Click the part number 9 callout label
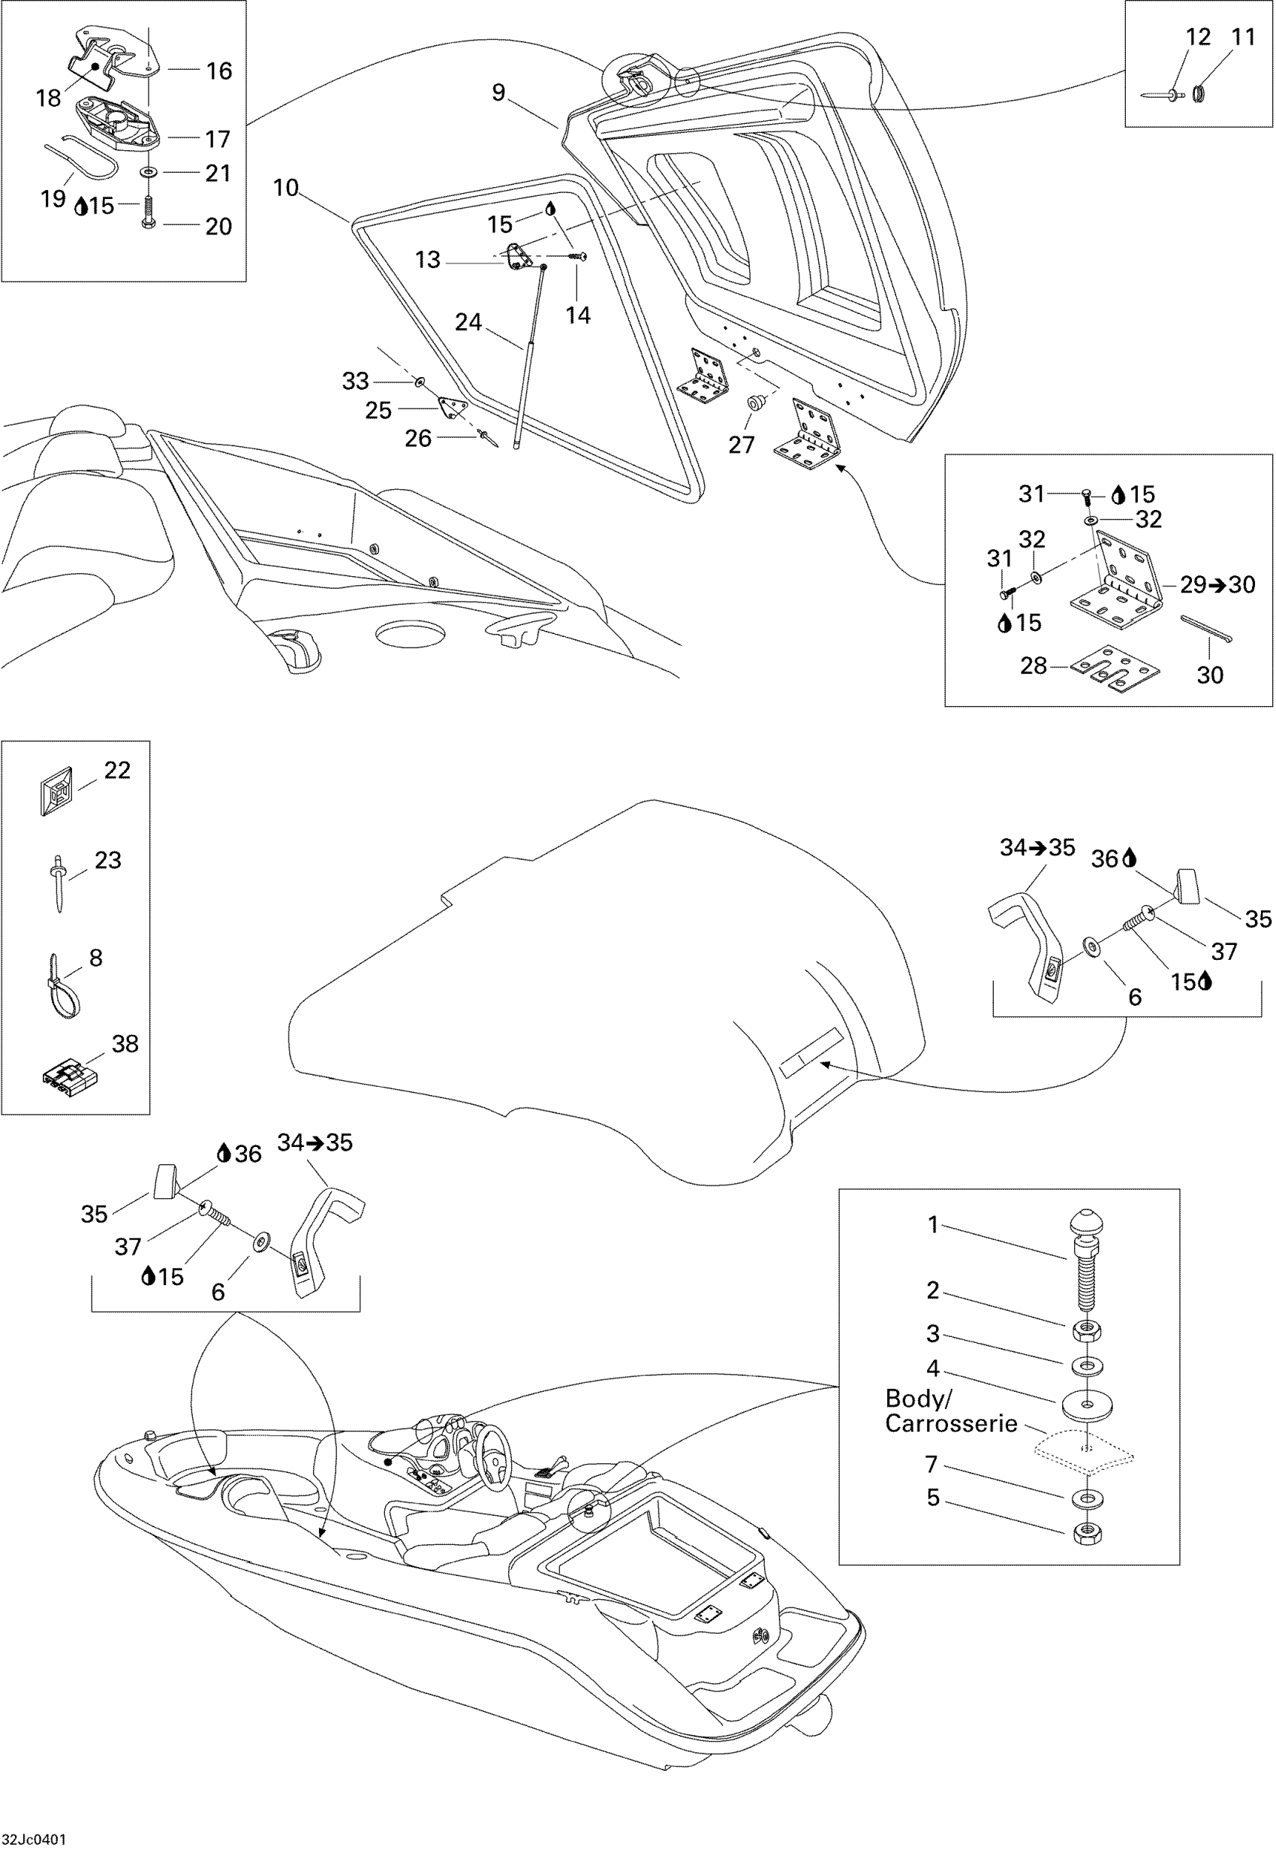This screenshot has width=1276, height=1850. coord(498,93)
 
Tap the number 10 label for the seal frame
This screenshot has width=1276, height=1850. coord(285,189)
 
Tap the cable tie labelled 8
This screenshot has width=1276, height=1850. coord(62,987)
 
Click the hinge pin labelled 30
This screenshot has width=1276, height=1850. coord(1207,629)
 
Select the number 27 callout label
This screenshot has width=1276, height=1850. coord(741,445)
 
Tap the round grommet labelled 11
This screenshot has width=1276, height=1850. coord(1199,94)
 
